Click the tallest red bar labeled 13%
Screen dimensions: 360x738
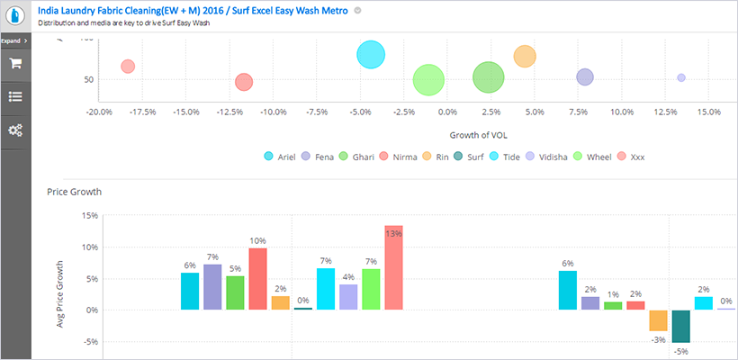point(394,267)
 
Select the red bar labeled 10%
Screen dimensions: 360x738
point(257,279)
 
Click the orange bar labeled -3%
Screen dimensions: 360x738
point(658,320)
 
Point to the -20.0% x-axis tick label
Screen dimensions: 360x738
point(98,112)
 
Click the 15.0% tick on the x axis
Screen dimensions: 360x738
point(708,112)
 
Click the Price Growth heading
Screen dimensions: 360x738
point(74,192)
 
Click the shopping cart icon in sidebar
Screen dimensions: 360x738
point(15,64)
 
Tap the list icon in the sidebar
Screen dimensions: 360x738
point(15,96)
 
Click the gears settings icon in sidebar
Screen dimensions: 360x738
point(15,129)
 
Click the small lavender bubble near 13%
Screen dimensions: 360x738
point(681,78)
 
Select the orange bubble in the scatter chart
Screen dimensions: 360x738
point(525,57)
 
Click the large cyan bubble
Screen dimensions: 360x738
point(370,55)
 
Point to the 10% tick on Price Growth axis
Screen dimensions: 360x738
point(90,247)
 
